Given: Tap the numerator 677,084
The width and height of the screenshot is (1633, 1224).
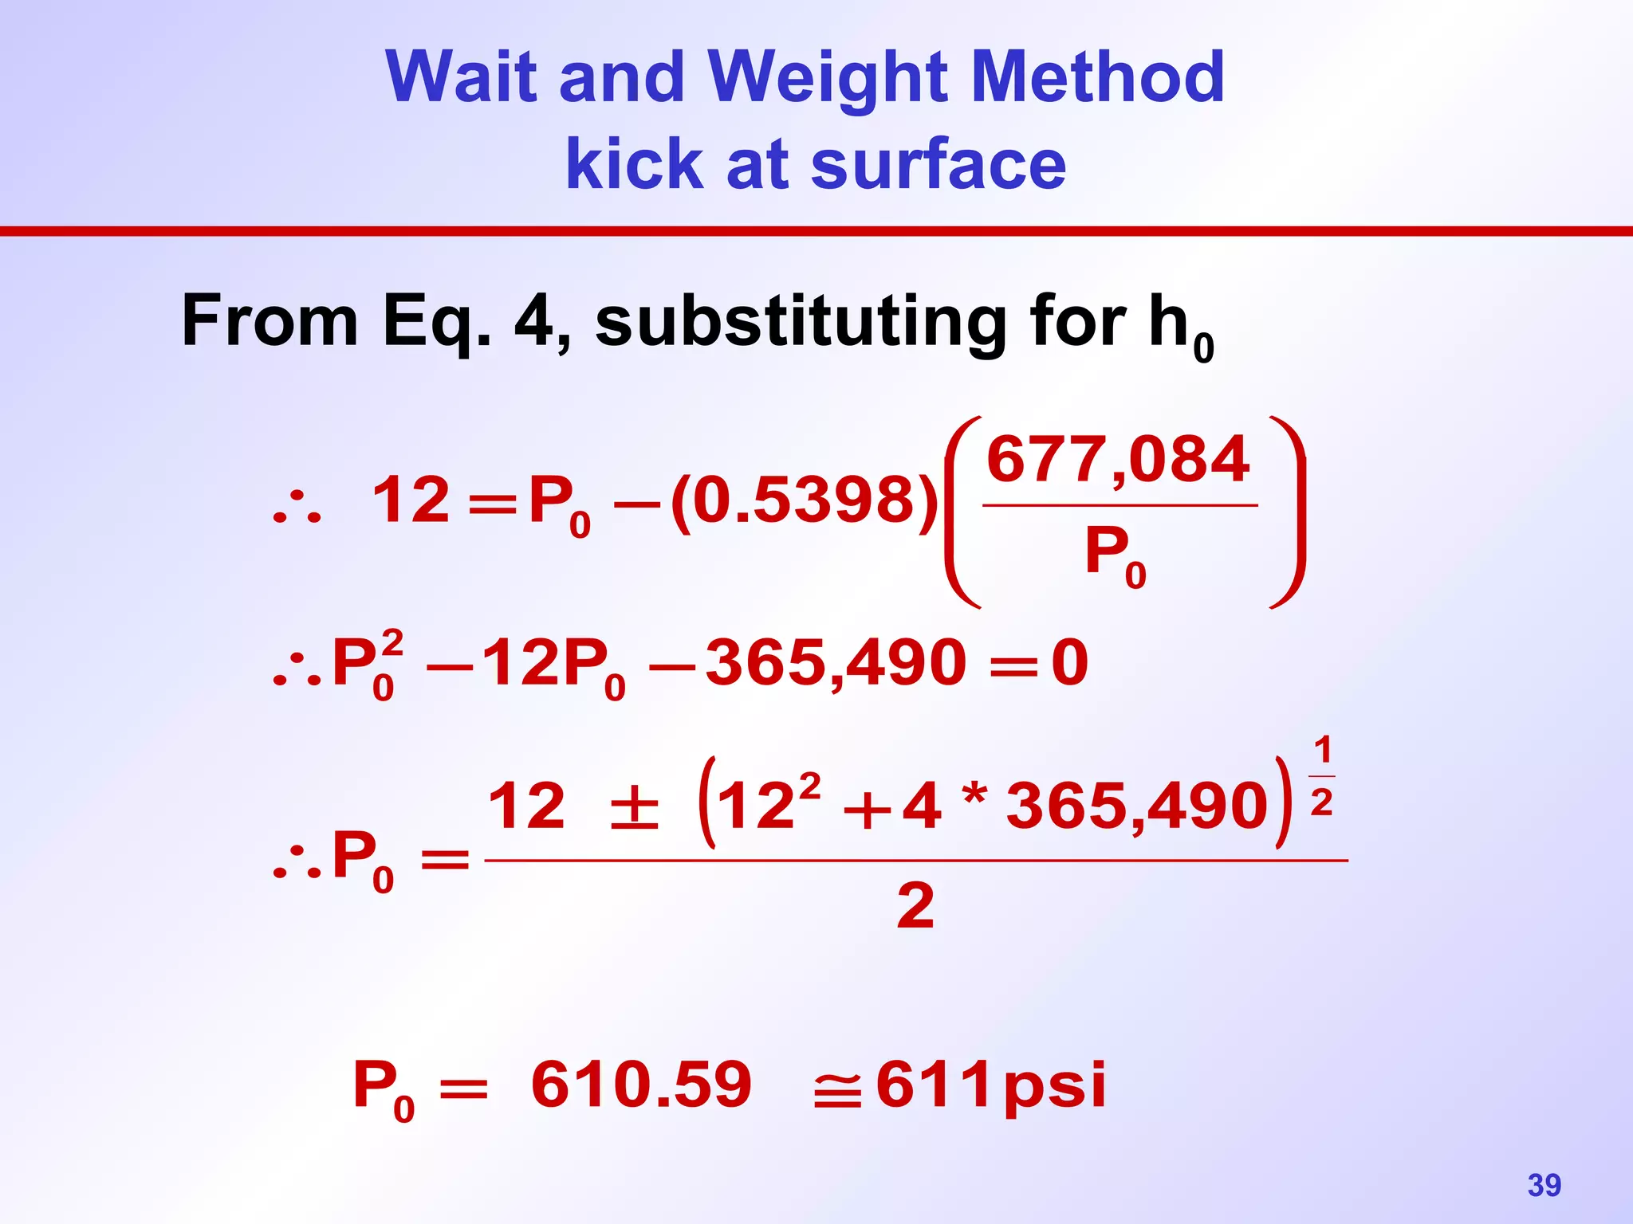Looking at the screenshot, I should [1118, 460].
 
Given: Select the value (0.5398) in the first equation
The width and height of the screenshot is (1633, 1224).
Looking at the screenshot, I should [805, 500].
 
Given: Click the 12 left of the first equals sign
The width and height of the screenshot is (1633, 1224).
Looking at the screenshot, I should [411, 500].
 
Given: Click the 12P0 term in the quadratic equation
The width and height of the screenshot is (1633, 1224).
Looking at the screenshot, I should [553, 664].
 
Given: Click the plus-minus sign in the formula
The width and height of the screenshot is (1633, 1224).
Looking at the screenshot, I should [634, 806].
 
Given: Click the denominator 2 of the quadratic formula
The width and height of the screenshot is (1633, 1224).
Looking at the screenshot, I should [915, 906].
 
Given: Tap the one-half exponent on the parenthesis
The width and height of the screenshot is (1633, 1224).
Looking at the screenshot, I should [1321, 775].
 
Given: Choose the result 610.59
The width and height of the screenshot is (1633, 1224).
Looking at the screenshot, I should [641, 1085].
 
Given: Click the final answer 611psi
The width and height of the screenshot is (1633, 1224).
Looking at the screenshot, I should [990, 1085].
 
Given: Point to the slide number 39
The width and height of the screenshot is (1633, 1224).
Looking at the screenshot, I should [1544, 1185].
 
